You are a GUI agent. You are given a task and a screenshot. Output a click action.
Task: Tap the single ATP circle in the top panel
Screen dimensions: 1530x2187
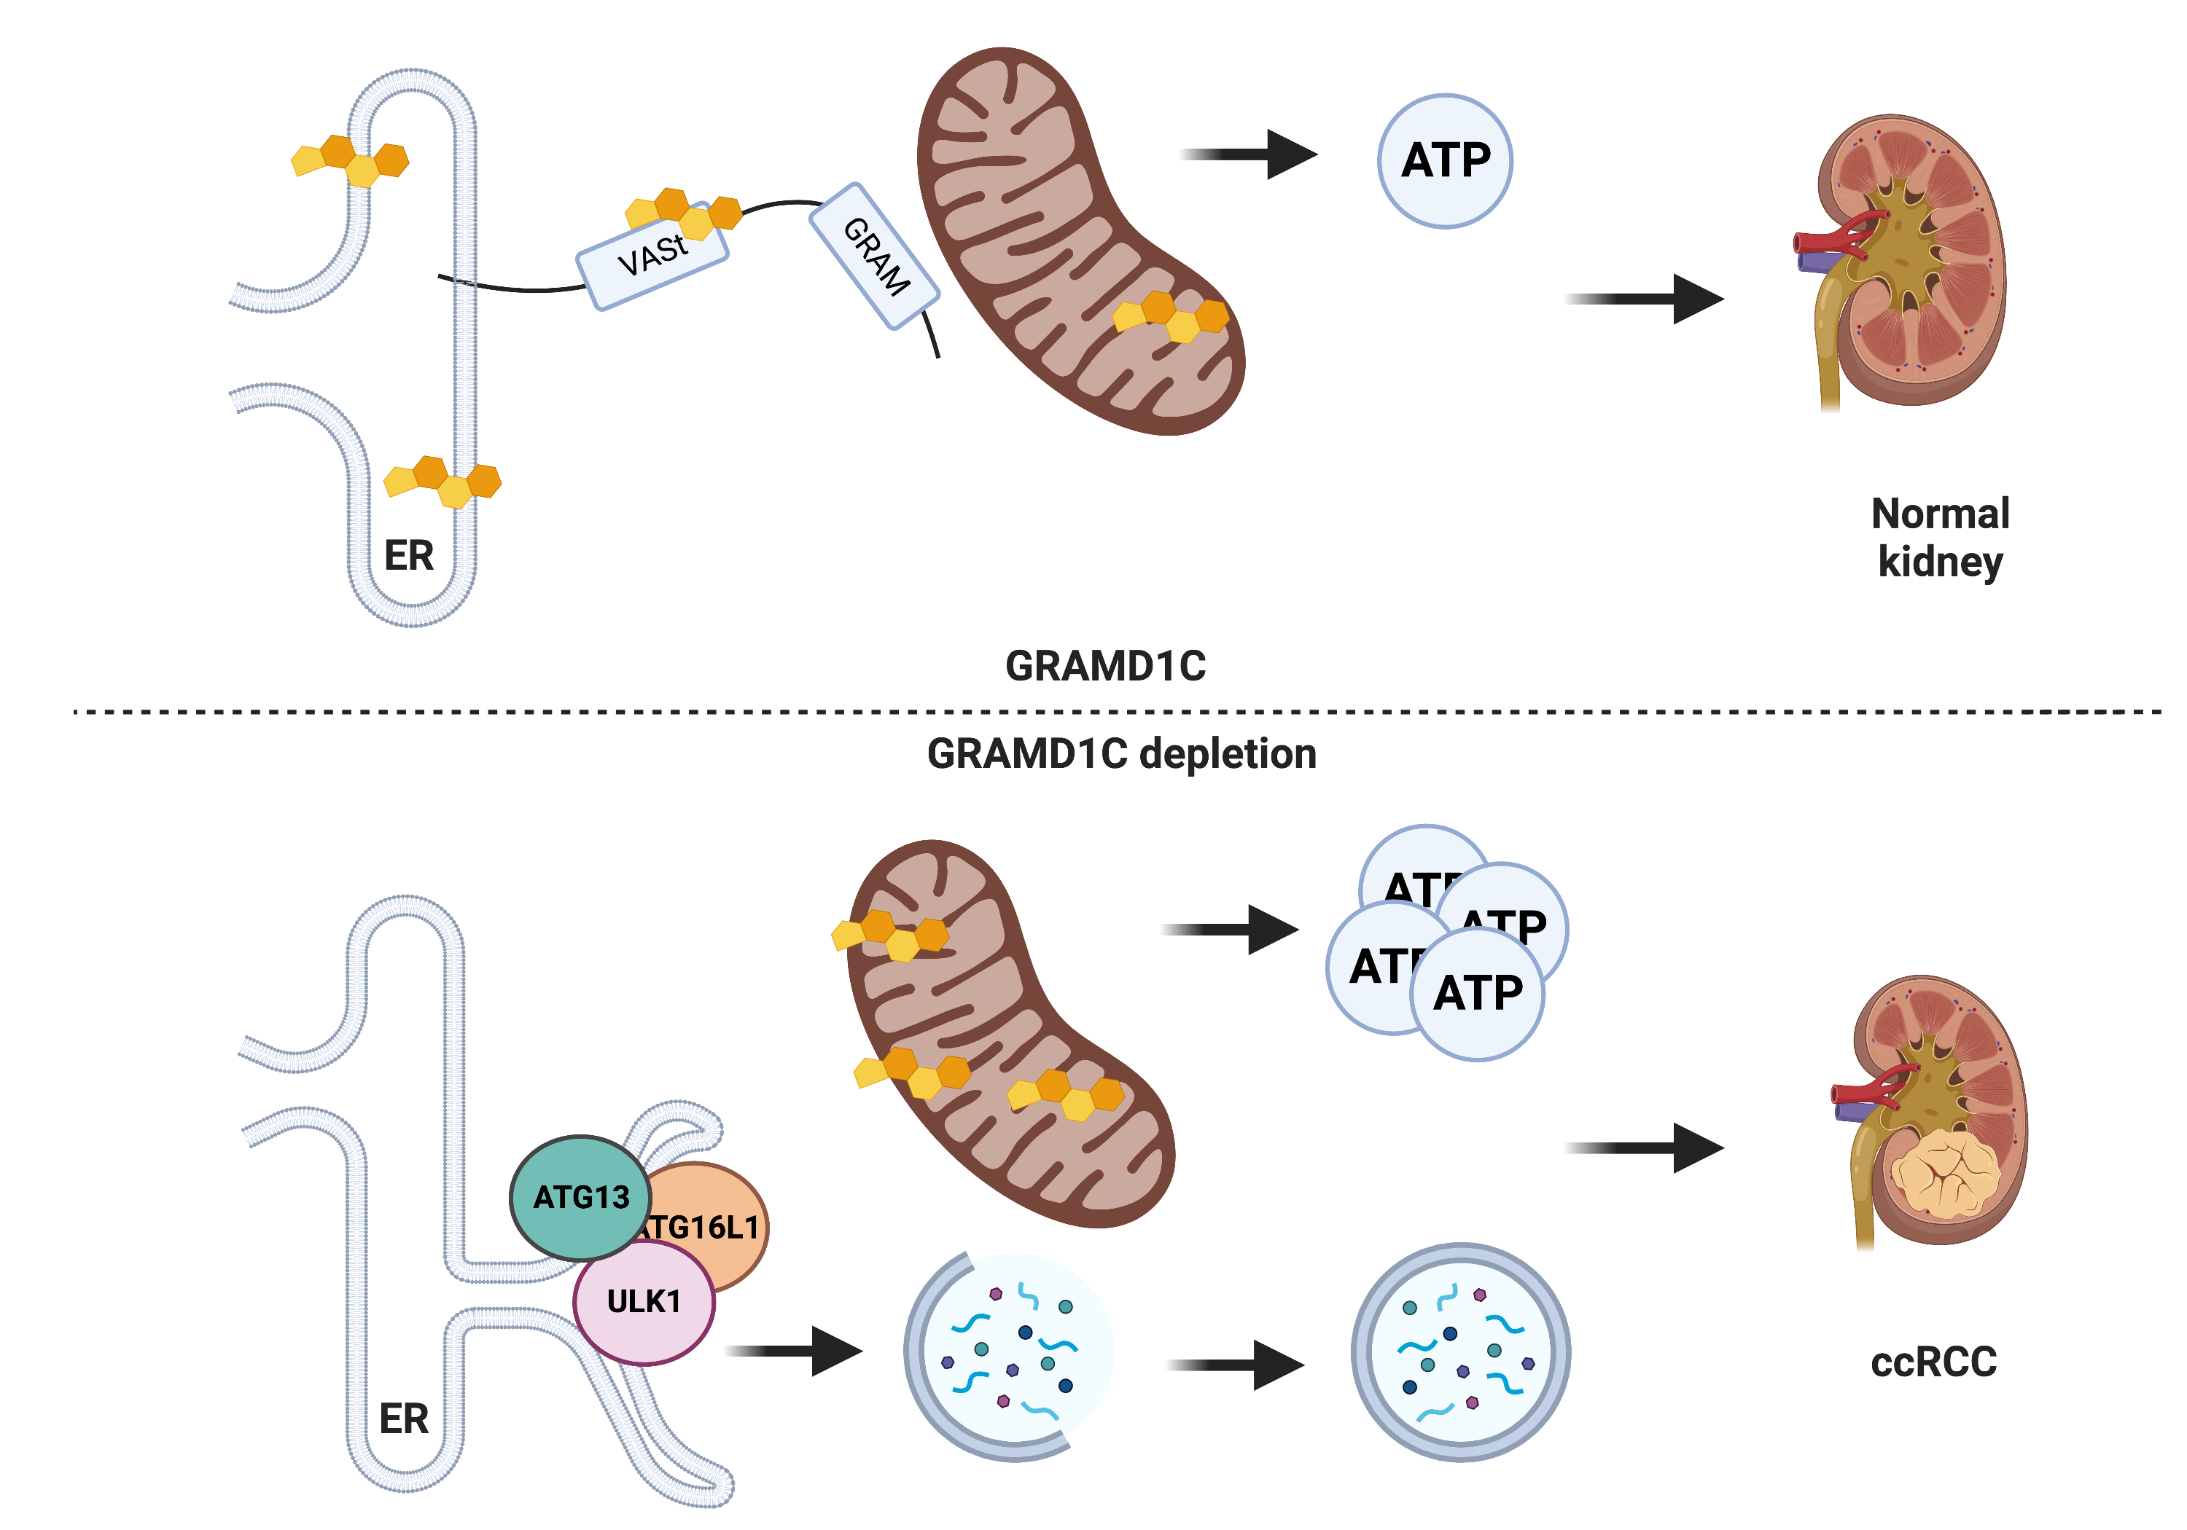pos(1444,161)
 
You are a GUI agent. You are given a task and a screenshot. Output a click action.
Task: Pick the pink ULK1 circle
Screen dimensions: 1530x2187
pos(644,1301)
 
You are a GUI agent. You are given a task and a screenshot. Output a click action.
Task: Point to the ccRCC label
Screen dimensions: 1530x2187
pos(1933,1362)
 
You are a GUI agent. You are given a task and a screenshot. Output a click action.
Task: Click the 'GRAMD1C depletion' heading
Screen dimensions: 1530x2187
pos(1121,754)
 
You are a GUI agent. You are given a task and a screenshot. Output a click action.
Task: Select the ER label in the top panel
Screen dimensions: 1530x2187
pos(409,556)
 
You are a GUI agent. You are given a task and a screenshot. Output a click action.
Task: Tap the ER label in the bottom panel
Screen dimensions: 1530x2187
pos(404,1419)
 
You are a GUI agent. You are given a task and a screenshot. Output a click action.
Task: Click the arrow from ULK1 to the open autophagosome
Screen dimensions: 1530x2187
pos(795,1351)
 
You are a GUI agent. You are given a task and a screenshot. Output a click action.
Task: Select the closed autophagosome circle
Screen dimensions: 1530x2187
pos(1459,1352)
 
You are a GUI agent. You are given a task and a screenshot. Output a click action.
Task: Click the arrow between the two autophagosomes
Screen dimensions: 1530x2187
pos(1236,1365)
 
